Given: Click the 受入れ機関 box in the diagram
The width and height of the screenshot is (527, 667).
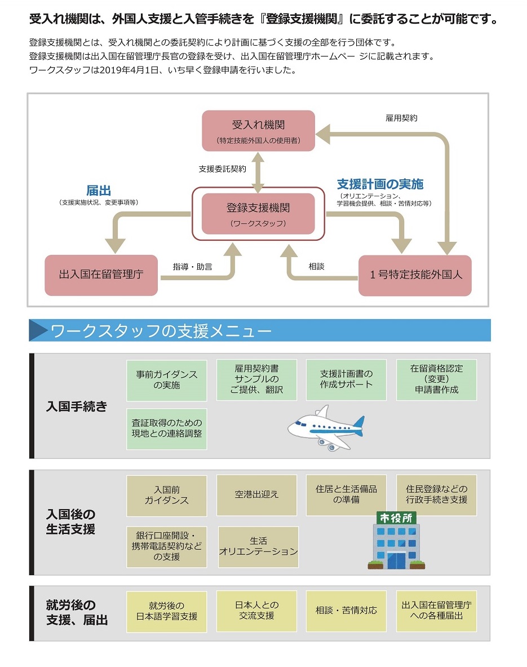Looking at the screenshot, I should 258,131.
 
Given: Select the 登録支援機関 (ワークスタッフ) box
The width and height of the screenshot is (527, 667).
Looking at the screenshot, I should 258,214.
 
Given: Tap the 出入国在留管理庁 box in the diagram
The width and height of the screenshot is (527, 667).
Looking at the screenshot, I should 101,275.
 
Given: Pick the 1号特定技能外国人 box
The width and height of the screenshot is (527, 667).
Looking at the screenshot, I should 415,275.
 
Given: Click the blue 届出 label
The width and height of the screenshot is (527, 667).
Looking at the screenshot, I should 99,190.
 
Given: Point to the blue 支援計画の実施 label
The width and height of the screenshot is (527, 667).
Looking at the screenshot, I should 380,184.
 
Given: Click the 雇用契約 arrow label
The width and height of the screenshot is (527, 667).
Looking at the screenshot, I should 401,118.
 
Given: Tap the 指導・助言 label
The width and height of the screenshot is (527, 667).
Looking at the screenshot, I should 192,266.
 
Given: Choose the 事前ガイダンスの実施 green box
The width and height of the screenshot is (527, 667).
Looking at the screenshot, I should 167,379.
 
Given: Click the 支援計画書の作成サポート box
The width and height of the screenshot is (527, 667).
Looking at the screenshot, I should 346,379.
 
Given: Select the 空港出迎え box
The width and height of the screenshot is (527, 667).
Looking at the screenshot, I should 256,495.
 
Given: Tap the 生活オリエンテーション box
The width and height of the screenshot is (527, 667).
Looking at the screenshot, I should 258,546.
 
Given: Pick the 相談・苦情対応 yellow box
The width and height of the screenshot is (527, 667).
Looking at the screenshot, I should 346,611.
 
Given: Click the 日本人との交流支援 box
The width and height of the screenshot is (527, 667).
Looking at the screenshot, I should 256,611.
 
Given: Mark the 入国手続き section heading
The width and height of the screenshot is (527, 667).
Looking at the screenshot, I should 76,406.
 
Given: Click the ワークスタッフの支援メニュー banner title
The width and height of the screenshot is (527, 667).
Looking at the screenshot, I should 161,330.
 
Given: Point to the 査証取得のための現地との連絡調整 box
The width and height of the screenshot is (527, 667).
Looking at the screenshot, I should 167,429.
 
